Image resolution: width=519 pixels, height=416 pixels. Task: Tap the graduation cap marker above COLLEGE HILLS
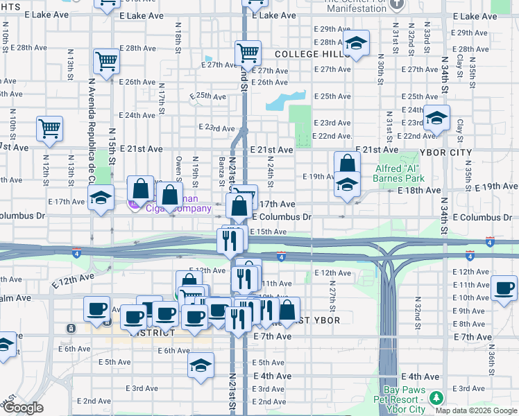coord(356,44)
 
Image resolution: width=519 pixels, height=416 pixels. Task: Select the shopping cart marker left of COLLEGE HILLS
coord(248,53)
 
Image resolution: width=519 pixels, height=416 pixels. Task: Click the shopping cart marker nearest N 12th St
coord(50,128)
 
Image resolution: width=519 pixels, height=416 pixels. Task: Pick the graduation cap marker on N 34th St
coord(436,119)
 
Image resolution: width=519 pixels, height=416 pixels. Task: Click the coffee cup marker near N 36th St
coord(504,288)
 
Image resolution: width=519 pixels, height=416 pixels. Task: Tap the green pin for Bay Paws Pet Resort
coord(436,398)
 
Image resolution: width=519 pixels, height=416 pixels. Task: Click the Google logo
coord(23,408)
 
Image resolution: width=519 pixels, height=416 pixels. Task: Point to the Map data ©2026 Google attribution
coord(476,410)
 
